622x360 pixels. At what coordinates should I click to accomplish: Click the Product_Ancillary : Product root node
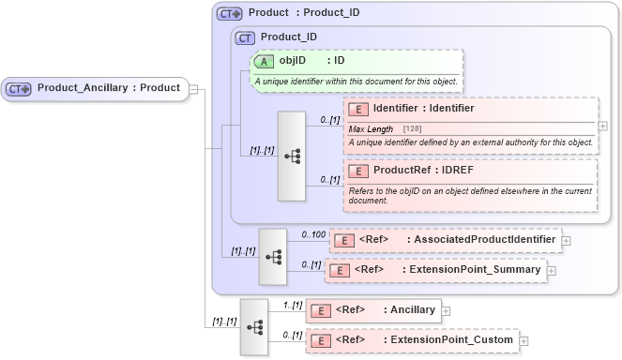pyautogui.click(x=94, y=88)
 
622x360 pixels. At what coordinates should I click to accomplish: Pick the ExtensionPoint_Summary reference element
pyautogui.click(x=435, y=270)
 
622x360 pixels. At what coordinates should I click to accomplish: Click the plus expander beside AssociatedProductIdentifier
pyautogui.click(x=567, y=241)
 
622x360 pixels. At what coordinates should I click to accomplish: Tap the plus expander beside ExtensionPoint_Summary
pyautogui.click(x=552, y=270)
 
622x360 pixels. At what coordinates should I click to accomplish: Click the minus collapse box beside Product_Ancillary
pyautogui.click(x=193, y=89)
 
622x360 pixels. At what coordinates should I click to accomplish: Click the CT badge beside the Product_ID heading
pyautogui.click(x=245, y=37)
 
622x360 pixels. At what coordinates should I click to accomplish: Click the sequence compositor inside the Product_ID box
pyautogui.click(x=291, y=157)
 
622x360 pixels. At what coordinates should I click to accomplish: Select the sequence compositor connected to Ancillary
pyautogui.click(x=253, y=326)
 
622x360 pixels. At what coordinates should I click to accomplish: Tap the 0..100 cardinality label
pyautogui.click(x=312, y=233)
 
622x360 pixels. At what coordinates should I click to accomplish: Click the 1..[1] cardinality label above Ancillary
pyautogui.click(x=291, y=305)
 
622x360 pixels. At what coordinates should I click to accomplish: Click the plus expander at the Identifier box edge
pyautogui.click(x=602, y=126)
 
